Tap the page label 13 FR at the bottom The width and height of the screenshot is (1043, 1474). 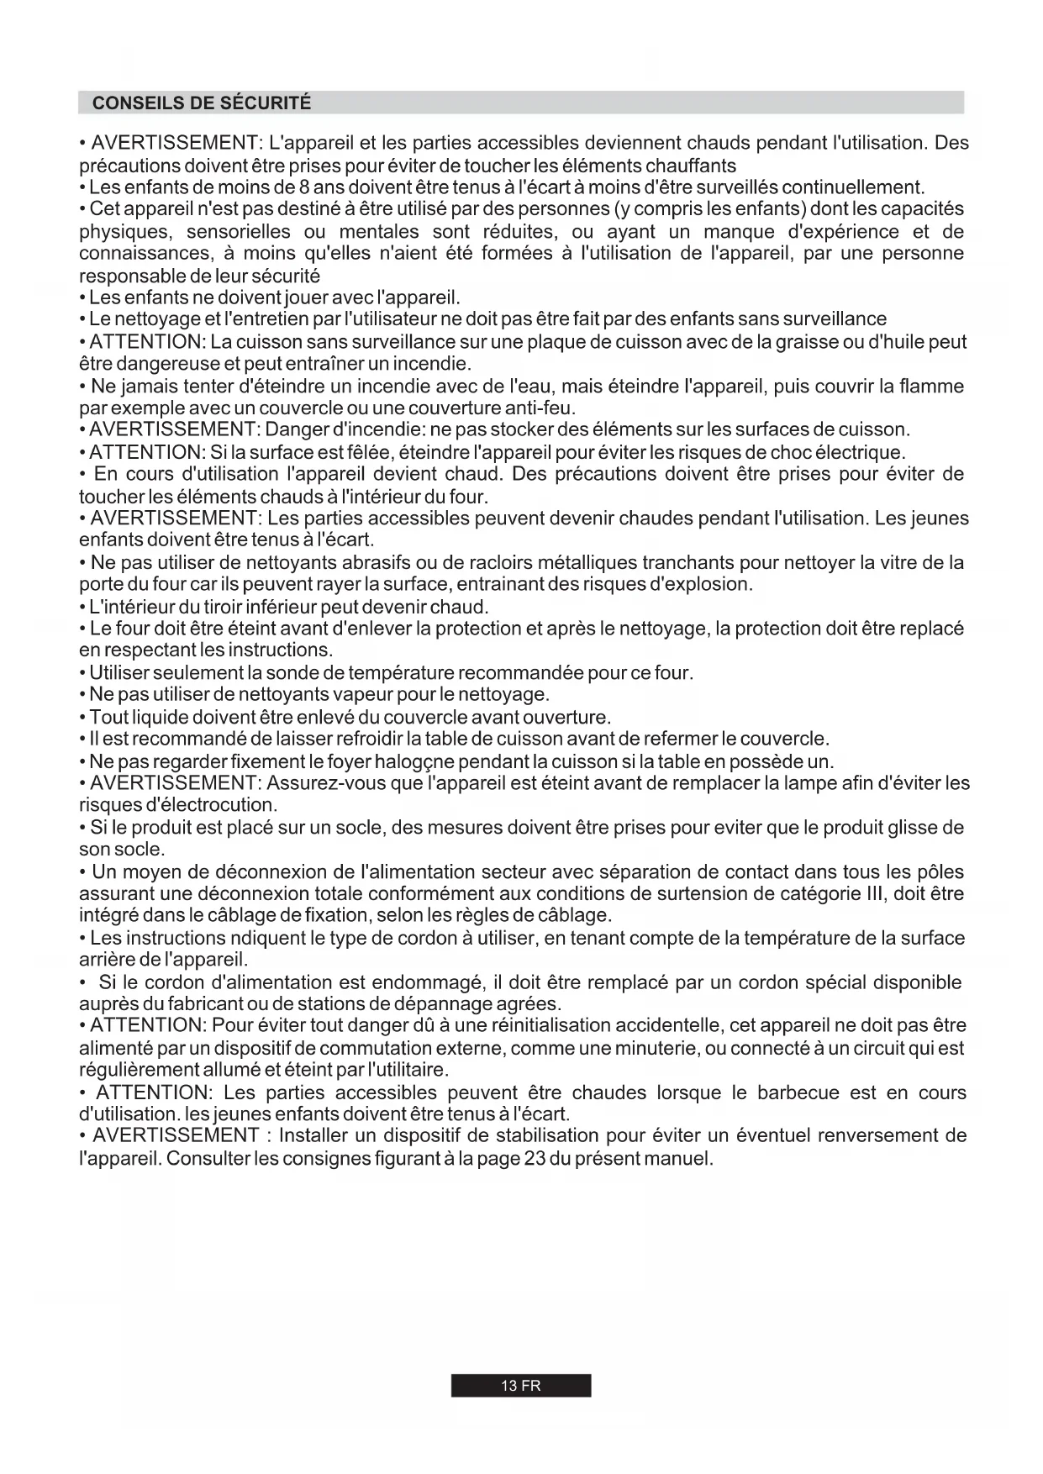(521, 1386)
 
